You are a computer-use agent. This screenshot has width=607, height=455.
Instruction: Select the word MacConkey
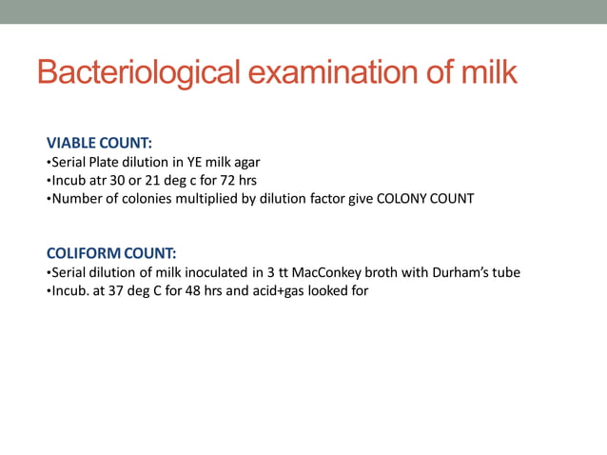[x=341, y=272]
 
